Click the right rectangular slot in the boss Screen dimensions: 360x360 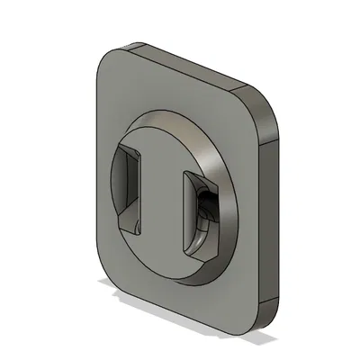click(x=199, y=212)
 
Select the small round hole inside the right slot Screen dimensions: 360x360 click(x=206, y=203)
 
